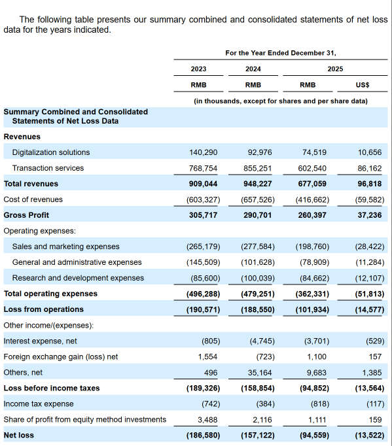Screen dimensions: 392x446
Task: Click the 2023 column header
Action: (x=198, y=69)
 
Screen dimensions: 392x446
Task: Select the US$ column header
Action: (x=363, y=85)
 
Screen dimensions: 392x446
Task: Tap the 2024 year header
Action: (x=253, y=69)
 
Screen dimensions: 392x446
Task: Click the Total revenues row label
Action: (x=31, y=184)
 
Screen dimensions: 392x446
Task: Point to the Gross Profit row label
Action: (x=26, y=215)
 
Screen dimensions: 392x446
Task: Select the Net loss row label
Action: (x=19, y=435)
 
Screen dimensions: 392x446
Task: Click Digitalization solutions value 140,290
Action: (x=204, y=152)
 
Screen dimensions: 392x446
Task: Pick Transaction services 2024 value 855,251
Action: (x=258, y=168)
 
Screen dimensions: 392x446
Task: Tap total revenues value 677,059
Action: (x=312, y=184)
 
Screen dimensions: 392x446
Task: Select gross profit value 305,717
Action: (x=204, y=215)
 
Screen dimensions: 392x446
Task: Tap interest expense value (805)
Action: (x=211, y=341)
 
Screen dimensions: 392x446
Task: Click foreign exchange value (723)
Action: (x=266, y=356)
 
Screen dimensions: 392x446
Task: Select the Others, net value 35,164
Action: (x=260, y=373)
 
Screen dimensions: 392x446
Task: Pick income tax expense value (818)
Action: (x=320, y=404)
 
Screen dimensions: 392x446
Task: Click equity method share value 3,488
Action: (x=207, y=420)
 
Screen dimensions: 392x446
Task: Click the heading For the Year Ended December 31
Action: (x=281, y=53)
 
